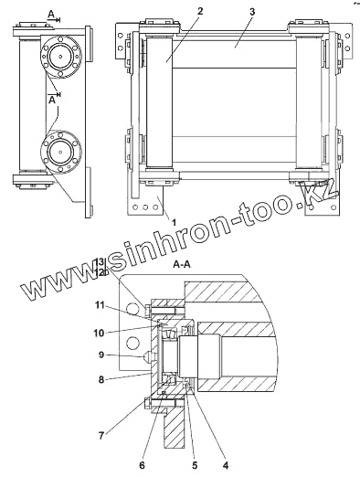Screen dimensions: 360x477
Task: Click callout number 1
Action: click(x=174, y=223)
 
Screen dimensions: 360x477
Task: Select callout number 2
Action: click(x=200, y=11)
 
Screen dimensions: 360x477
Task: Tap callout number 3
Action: click(x=252, y=12)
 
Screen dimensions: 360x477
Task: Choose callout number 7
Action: click(x=101, y=436)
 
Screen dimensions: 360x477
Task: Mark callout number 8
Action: click(x=101, y=379)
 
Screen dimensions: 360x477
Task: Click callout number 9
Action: click(x=101, y=355)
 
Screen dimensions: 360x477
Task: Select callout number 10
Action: click(x=99, y=333)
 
